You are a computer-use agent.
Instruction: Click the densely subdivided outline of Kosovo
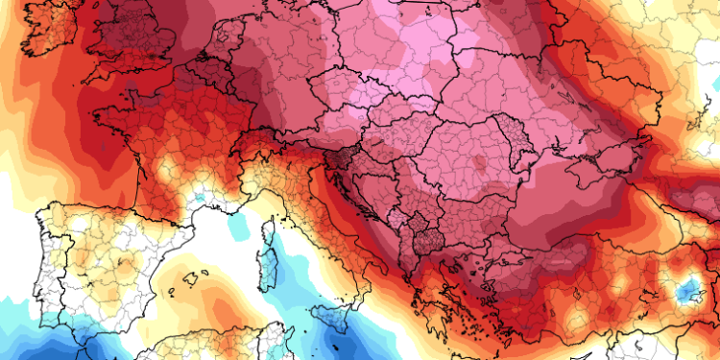(415, 234)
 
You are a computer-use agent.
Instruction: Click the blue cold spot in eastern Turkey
(686, 288)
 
